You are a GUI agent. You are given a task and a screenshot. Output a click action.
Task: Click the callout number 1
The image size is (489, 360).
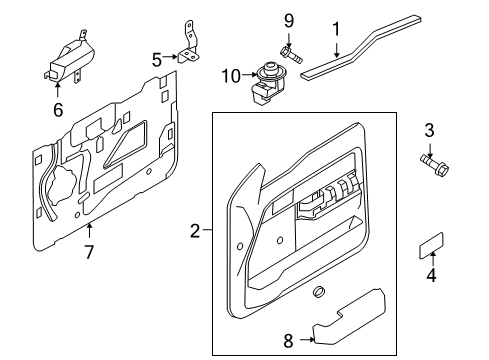click(336, 29)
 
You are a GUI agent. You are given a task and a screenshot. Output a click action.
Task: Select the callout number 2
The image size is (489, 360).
click(195, 231)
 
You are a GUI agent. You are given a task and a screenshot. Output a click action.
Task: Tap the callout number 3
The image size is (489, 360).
click(429, 130)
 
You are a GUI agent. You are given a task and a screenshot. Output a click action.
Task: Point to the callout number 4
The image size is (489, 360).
click(431, 275)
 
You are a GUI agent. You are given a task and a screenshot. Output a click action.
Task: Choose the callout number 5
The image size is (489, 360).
click(157, 60)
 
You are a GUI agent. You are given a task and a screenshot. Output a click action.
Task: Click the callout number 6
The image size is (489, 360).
click(58, 110)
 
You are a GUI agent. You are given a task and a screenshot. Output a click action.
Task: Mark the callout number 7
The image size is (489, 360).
click(89, 252)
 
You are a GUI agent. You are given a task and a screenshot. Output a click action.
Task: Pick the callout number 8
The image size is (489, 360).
click(288, 341)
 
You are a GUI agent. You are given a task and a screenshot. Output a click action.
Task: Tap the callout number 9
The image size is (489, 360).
click(289, 21)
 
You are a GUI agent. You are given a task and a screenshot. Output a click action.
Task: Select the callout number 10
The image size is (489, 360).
click(231, 76)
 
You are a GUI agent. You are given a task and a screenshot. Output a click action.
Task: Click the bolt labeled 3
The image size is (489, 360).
click(435, 166)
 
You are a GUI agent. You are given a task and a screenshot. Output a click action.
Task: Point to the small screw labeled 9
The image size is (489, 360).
click(291, 55)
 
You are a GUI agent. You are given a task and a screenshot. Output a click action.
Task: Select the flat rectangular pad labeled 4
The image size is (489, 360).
click(431, 246)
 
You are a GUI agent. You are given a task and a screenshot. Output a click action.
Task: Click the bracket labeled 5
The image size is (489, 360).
click(189, 47)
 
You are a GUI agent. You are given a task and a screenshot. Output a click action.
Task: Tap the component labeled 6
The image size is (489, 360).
click(70, 60)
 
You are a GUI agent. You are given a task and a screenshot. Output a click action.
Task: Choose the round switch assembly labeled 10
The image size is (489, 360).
click(268, 83)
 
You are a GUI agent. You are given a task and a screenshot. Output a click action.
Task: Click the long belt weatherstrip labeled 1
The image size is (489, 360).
click(360, 47)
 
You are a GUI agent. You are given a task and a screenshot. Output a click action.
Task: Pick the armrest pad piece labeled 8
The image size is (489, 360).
click(349, 316)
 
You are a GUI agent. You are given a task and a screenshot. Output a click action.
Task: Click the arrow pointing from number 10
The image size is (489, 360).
click(249, 75)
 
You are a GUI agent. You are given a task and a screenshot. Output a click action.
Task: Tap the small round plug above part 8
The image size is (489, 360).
click(319, 291)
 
